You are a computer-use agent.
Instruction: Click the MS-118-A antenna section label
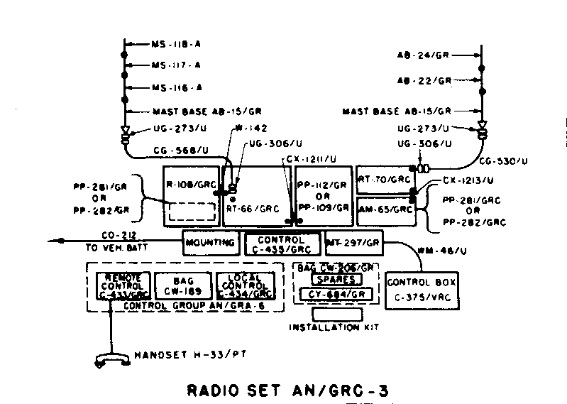177,44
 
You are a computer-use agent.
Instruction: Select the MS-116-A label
177,87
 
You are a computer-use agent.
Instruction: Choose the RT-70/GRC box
384,180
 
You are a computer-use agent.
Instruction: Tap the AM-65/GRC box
384,209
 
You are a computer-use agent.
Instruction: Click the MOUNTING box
210,243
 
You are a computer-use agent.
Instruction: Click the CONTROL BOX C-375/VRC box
422,288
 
